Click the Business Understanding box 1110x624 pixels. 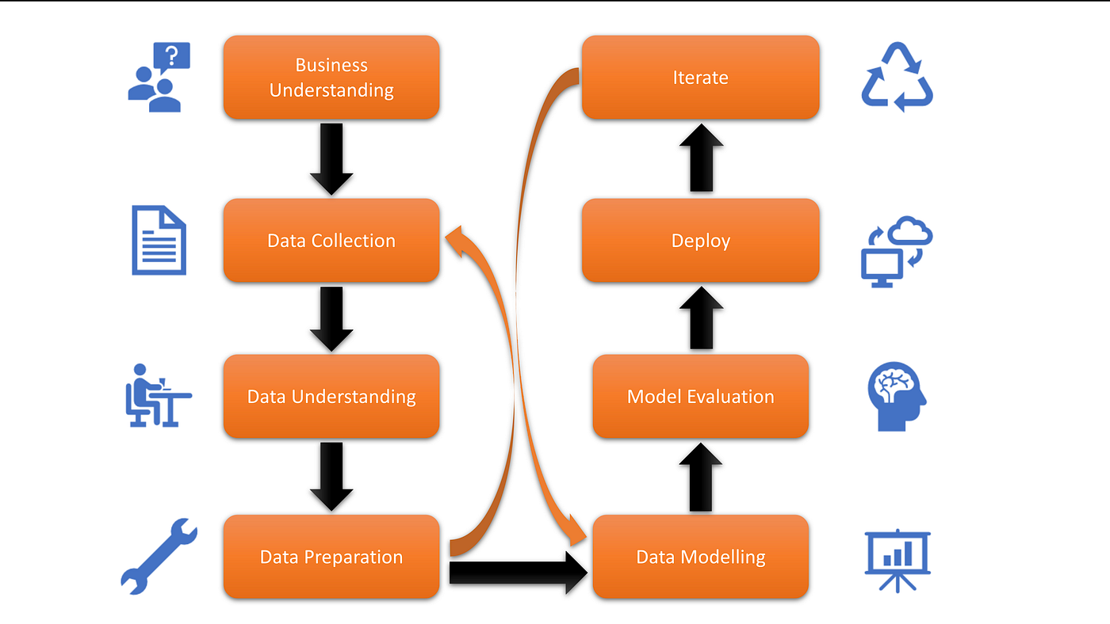[331, 78]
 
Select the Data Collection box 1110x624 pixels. [331, 241]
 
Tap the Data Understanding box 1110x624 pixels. [331, 396]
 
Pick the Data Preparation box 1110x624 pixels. [331, 557]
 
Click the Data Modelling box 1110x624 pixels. [701, 557]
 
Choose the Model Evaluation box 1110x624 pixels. [701, 396]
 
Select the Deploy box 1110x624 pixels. [701, 241]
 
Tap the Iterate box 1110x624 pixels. [701, 78]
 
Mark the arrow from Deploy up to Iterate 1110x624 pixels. [701, 158]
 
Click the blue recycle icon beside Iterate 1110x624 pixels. [898, 78]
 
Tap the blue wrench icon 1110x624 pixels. [159, 556]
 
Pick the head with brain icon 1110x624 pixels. [898, 397]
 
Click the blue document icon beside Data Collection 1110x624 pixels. [159, 240]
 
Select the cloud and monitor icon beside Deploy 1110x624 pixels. [897, 252]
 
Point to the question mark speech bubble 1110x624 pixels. [172, 57]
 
